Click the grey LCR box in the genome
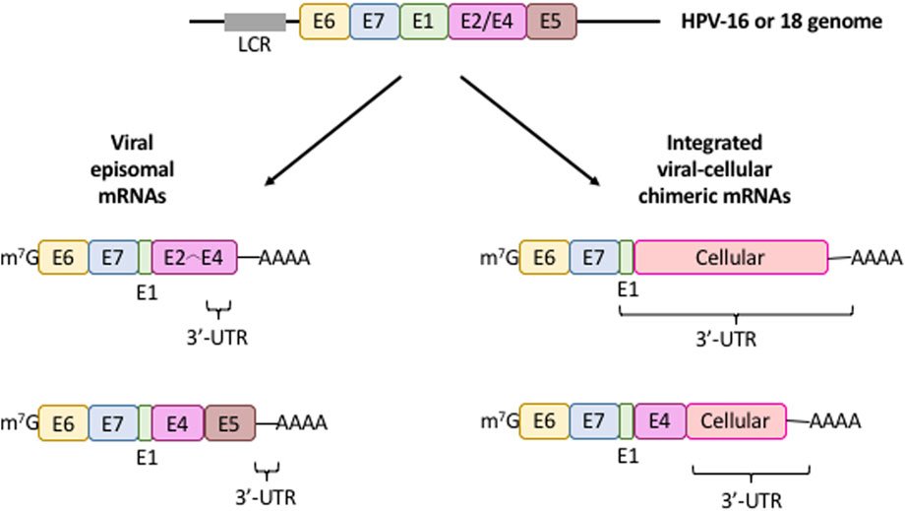click(255, 22)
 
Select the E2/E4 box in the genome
click(487, 22)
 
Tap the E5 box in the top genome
click(551, 22)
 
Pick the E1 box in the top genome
click(424, 22)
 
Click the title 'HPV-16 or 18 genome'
click(781, 22)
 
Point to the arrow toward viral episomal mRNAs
click(332, 131)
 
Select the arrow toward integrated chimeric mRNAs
click(530, 131)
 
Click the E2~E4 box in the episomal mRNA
click(195, 258)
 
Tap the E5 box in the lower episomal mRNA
click(230, 423)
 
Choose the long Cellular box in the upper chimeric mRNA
click(731, 258)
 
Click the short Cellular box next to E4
click(736, 421)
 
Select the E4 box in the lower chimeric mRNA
click(660, 421)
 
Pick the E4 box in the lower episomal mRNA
click(178, 423)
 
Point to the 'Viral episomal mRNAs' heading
click(136, 169)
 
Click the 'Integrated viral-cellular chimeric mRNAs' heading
click(714, 169)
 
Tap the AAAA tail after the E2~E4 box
click(284, 258)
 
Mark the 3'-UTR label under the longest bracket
click(726, 339)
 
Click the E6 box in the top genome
click(325, 22)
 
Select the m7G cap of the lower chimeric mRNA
click(500, 421)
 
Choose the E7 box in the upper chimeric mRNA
click(594, 258)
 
